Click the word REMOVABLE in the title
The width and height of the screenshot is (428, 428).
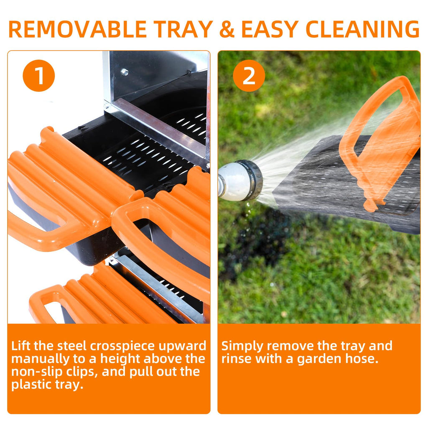(x=78, y=29)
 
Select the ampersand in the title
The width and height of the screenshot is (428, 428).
(x=227, y=29)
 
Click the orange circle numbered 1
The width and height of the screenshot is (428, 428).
(x=39, y=76)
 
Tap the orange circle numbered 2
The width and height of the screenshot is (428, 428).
(x=249, y=76)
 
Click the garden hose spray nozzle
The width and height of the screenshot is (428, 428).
(x=240, y=181)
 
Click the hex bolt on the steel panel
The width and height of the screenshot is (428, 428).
(x=125, y=72)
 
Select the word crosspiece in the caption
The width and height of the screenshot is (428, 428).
(x=123, y=346)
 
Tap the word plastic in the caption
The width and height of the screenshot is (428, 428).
(x=31, y=385)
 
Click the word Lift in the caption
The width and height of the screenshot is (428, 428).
(x=21, y=346)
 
